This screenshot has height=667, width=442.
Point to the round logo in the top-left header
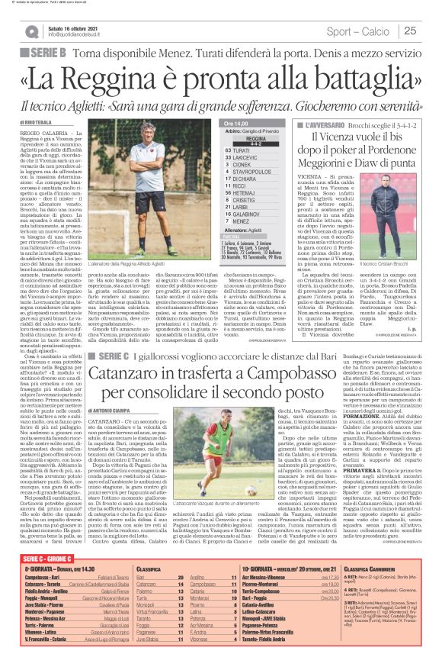[x=31, y=31]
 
